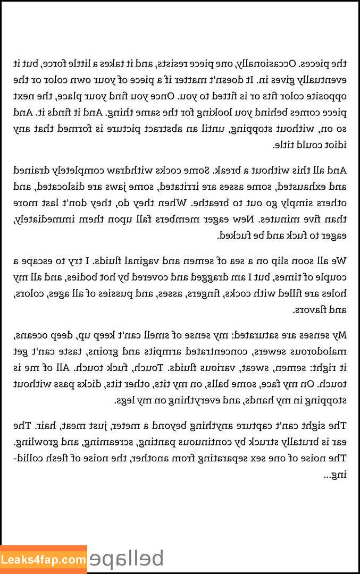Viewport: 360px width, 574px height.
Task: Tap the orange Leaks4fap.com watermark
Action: pos(44,560)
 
